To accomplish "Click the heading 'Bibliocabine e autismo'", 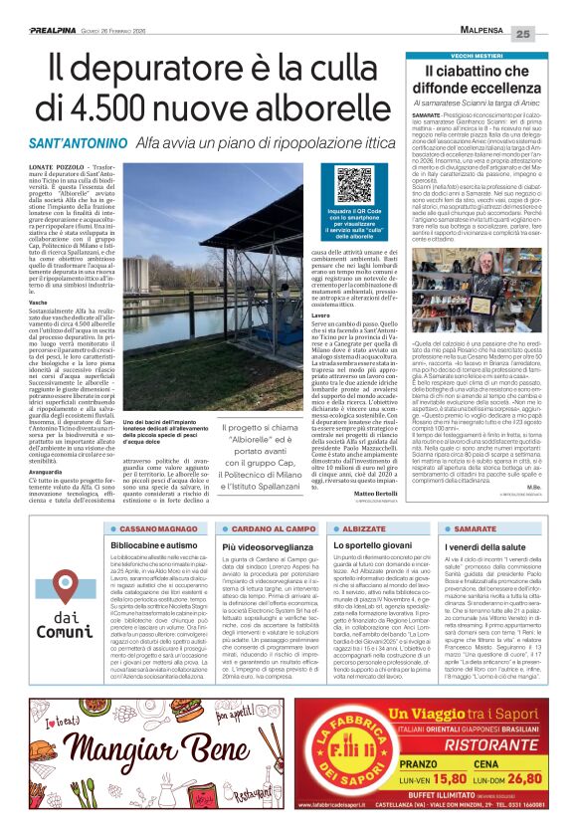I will click(x=150, y=547).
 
